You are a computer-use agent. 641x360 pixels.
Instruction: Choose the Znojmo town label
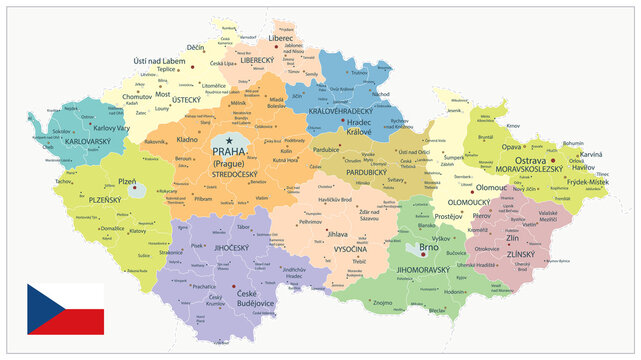pos(384,300)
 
